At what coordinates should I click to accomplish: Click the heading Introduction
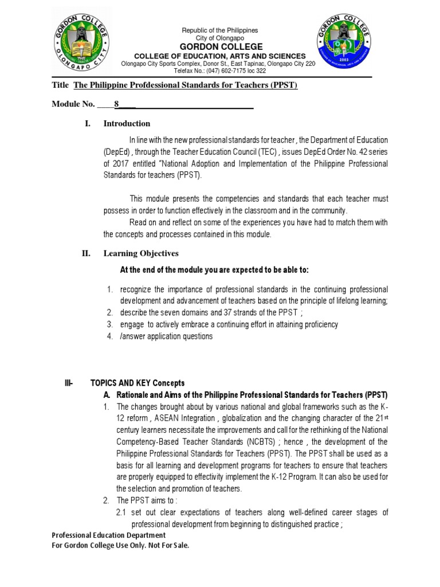tap(127, 123)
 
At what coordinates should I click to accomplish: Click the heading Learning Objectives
tap(140, 253)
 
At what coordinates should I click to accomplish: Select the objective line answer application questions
tap(166, 336)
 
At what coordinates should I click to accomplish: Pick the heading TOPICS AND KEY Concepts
tap(137, 383)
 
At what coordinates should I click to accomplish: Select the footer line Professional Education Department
tap(108, 535)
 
